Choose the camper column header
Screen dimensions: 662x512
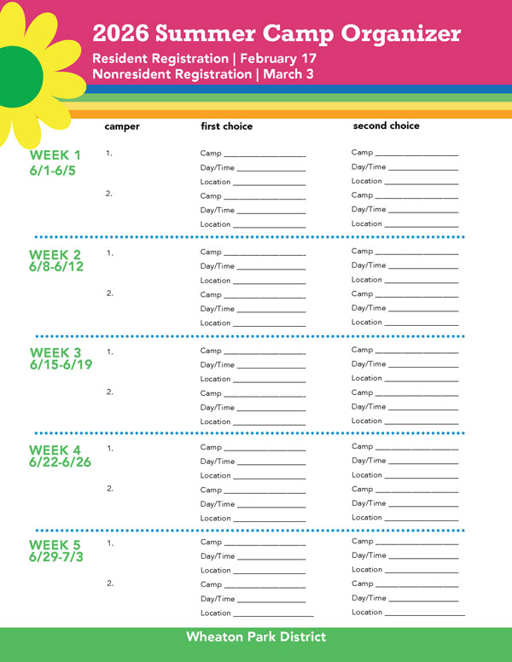click(x=122, y=126)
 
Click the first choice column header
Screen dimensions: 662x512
click(x=226, y=126)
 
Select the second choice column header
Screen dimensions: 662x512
click(x=386, y=125)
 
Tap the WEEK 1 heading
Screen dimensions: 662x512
click(x=55, y=155)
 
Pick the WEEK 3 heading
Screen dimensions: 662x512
click(x=55, y=352)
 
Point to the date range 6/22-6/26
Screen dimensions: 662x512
click(x=60, y=462)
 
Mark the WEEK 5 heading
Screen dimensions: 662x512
click(x=55, y=544)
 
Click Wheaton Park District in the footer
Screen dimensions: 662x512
click(x=256, y=636)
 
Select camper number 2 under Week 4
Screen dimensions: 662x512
click(x=109, y=489)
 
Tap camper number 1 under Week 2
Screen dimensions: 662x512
click(x=109, y=253)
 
